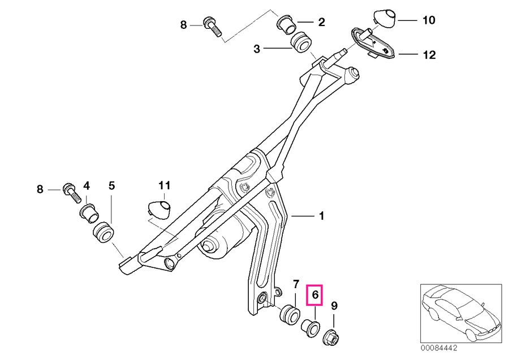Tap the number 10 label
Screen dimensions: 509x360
429,20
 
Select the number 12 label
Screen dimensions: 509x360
429,55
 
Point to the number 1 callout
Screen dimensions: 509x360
321,216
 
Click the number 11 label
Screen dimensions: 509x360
165,186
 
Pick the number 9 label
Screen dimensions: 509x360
334,306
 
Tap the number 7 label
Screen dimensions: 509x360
295,284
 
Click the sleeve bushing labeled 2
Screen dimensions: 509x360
286,25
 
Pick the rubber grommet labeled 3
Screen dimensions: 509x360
301,42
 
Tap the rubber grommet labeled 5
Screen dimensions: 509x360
103,232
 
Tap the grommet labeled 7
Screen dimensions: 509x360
289,315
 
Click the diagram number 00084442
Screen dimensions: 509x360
439,348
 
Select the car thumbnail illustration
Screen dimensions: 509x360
461,313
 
